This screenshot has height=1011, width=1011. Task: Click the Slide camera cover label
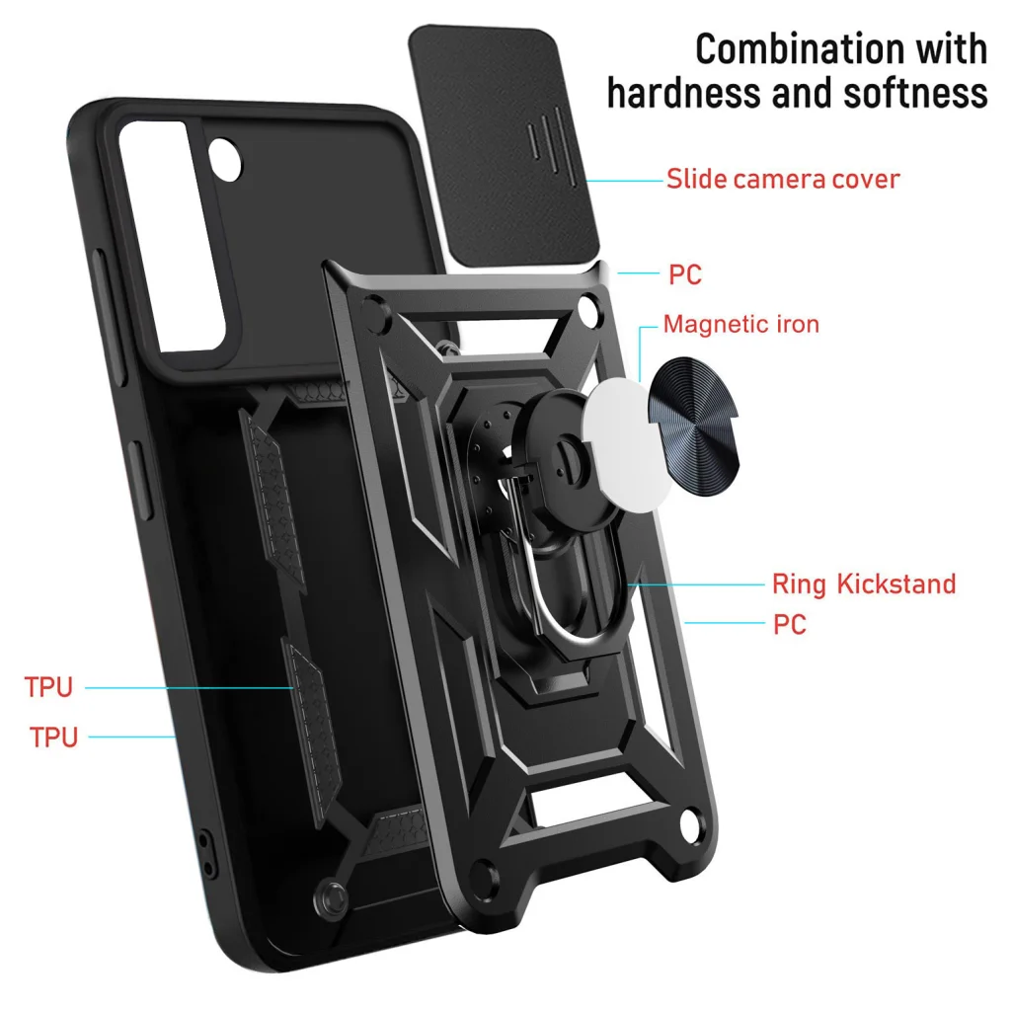[x=783, y=180]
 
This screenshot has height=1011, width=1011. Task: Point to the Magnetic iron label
[x=740, y=324]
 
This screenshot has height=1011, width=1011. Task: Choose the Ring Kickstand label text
[x=864, y=583]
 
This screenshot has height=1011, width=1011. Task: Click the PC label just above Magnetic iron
[x=685, y=274]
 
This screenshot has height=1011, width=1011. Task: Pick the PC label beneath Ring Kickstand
[x=790, y=624]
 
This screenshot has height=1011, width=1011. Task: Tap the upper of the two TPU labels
[x=49, y=687]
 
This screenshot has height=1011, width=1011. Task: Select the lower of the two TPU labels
[x=53, y=737]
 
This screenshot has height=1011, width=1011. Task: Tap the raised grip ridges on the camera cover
[x=549, y=138]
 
